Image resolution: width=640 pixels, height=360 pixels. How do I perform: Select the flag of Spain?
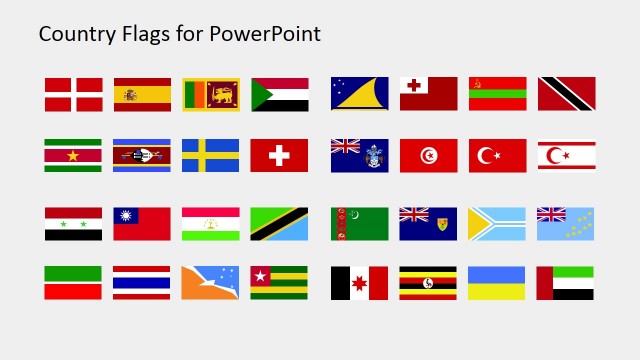[x=142, y=94]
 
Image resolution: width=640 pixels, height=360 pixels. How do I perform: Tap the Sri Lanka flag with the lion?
[x=211, y=94]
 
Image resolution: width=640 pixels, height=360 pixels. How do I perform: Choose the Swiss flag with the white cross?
[x=280, y=155]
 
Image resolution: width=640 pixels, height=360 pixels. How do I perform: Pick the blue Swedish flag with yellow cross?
[x=211, y=155]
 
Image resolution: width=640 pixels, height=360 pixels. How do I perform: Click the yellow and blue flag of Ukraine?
[x=497, y=283]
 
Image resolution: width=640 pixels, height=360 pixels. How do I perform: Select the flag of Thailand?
[x=142, y=283]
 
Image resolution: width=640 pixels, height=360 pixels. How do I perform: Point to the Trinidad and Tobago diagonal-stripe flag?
[x=566, y=94]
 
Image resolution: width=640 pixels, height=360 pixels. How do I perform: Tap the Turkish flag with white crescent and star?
[x=497, y=155]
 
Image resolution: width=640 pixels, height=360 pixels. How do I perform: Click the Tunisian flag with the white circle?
[x=428, y=155]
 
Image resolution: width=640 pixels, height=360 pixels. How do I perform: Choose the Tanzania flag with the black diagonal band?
[x=280, y=224]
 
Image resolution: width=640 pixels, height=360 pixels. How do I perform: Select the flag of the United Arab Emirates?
[x=566, y=283]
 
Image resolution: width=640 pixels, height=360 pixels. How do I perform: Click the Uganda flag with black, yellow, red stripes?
[x=428, y=283]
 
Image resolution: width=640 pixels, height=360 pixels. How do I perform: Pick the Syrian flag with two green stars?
[x=73, y=224]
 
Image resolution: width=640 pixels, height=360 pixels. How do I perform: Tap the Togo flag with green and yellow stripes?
[x=280, y=283]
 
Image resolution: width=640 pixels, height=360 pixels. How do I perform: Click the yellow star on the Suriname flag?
[x=73, y=155]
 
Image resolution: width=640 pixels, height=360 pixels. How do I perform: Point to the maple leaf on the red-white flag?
[x=360, y=283]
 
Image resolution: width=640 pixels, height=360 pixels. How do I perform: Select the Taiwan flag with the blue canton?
[x=142, y=224]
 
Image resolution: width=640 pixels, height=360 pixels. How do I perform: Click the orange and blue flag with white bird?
[x=211, y=283]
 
